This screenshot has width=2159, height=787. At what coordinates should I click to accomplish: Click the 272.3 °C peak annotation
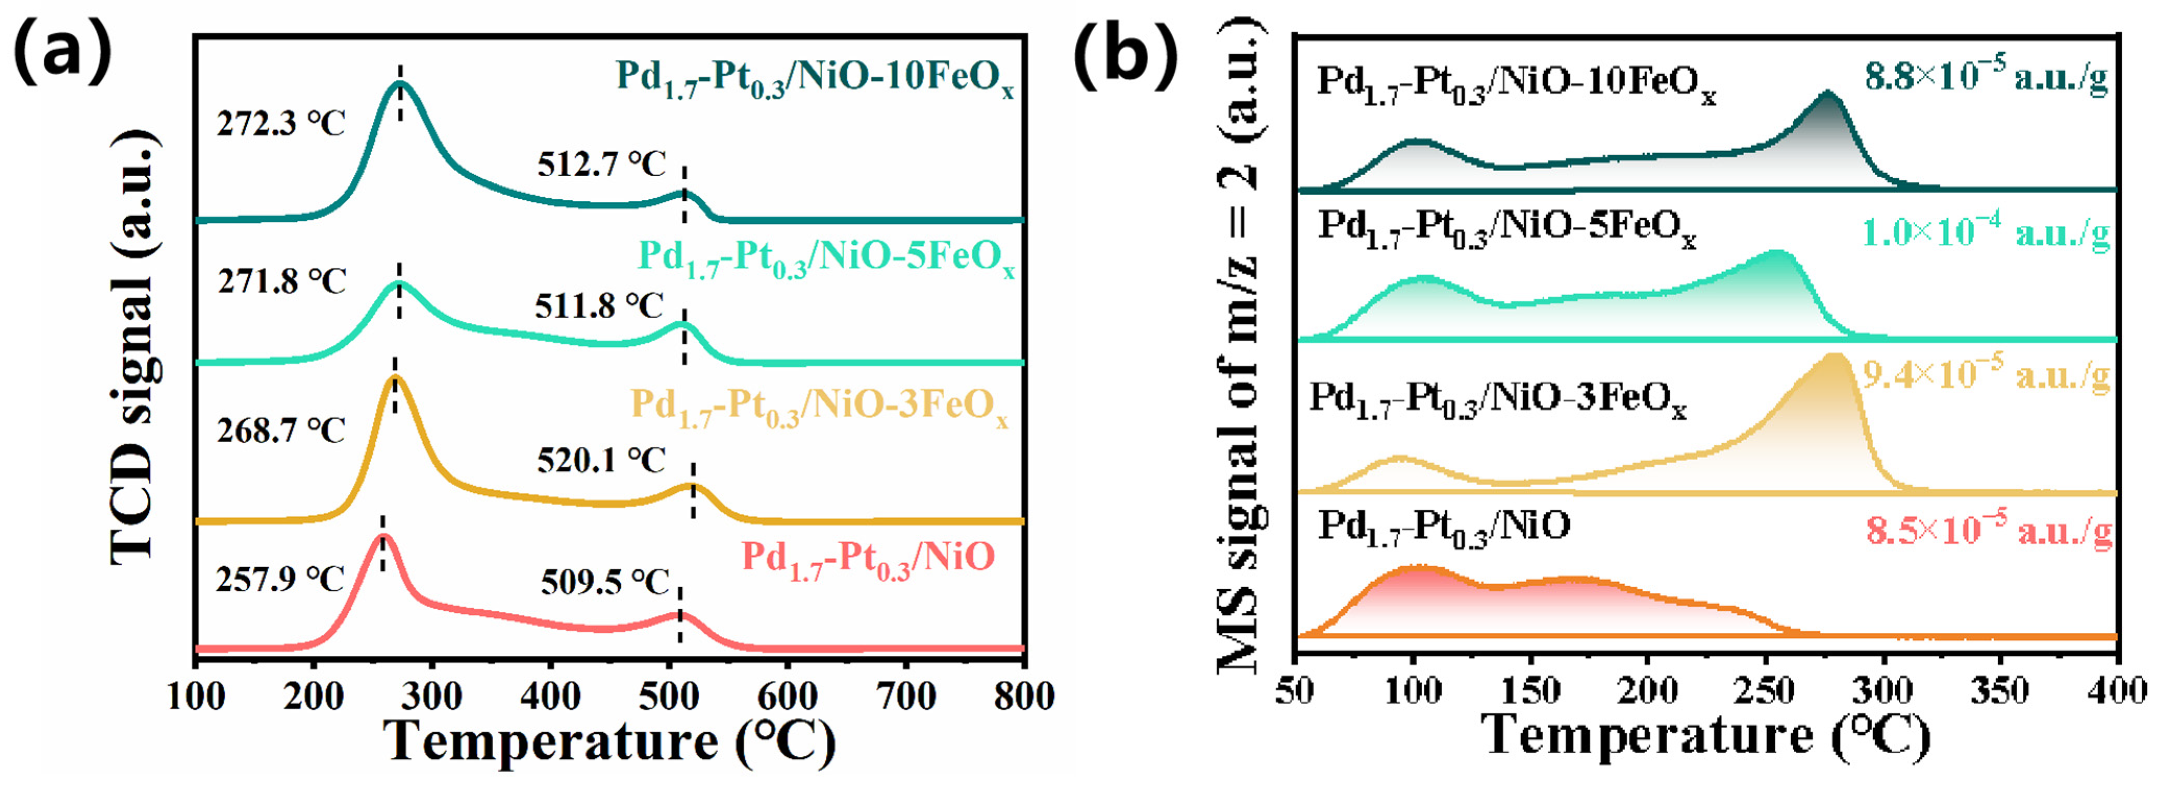click(x=281, y=124)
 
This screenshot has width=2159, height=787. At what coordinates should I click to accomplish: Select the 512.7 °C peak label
click(x=601, y=164)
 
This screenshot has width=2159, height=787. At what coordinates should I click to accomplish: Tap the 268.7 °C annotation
click(x=281, y=431)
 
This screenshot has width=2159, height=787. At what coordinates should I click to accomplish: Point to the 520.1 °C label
click(x=601, y=460)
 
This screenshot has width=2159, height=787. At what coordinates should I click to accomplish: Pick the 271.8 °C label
click(x=282, y=282)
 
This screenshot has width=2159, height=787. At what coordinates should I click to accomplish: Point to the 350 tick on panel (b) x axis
click(x=2001, y=692)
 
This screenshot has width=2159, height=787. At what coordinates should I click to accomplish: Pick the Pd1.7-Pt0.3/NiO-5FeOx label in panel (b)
click(x=1508, y=228)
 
